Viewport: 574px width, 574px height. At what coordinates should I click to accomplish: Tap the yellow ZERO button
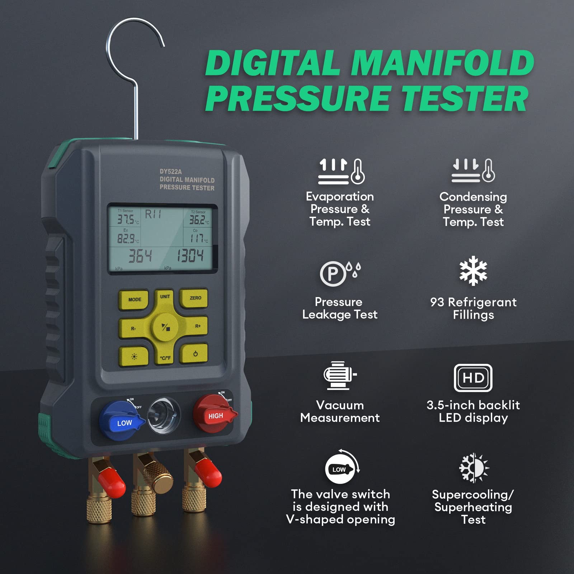tap(194, 298)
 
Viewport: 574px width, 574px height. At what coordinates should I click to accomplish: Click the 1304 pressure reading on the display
tap(190, 256)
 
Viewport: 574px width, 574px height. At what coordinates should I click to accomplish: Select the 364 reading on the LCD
tap(140, 256)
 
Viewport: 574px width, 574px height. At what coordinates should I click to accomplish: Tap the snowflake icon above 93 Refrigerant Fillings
tap(473, 271)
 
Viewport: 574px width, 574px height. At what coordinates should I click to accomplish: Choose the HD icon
tap(473, 378)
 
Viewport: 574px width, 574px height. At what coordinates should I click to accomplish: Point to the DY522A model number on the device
tap(171, 171)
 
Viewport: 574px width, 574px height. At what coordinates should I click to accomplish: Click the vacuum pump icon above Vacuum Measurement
tap(339, 375)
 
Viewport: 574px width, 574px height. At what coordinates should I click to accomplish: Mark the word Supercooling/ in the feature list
tap(473, 494)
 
